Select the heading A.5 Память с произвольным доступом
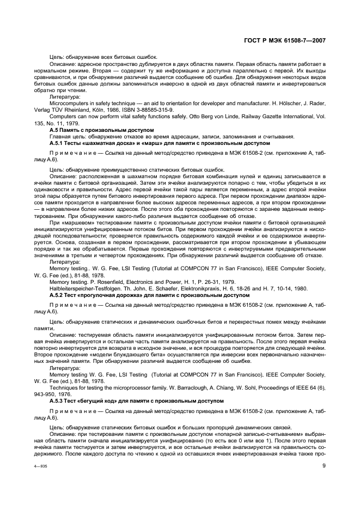coord(90,130)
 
